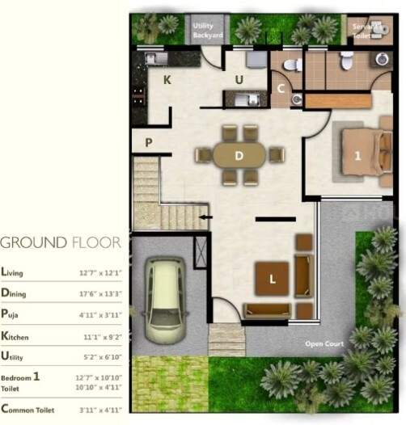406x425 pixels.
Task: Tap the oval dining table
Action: (239, 154)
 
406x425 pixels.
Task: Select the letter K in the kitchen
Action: (167, 79)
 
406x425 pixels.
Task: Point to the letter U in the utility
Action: (239, 79)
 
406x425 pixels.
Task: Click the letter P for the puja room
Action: (149, 142)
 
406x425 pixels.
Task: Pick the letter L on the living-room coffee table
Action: (273, 280)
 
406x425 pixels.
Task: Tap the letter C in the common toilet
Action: (281, 89)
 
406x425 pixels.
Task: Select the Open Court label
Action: (324, 344)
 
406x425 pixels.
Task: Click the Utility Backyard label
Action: (208, 30)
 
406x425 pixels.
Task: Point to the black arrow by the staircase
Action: (205, 217)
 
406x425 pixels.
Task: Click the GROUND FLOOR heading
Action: (61, 242)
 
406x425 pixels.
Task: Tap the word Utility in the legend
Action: (17, 356)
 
